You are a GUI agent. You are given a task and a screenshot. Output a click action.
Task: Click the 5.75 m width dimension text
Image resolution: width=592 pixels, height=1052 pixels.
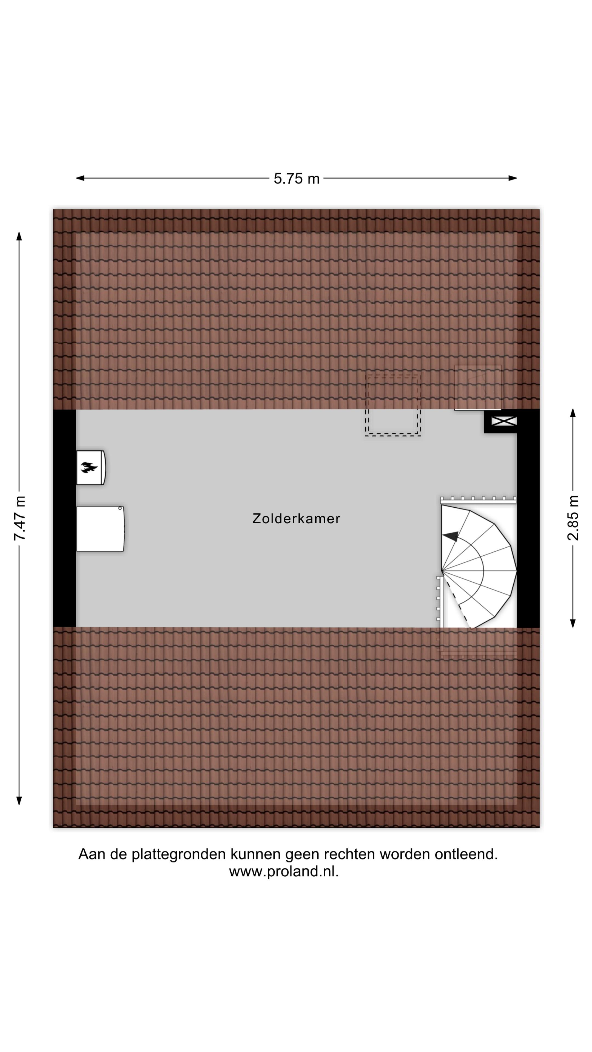pos(296,178)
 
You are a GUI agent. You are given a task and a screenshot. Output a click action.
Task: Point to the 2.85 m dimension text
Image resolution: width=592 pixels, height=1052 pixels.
pos(573,518)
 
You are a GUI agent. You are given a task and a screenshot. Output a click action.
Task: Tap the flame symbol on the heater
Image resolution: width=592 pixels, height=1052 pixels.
pos(89,467)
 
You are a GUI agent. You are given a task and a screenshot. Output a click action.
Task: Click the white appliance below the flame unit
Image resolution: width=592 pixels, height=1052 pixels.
pos(100,529)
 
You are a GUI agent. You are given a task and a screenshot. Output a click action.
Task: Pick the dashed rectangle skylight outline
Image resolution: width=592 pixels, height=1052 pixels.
pos(393,405)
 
